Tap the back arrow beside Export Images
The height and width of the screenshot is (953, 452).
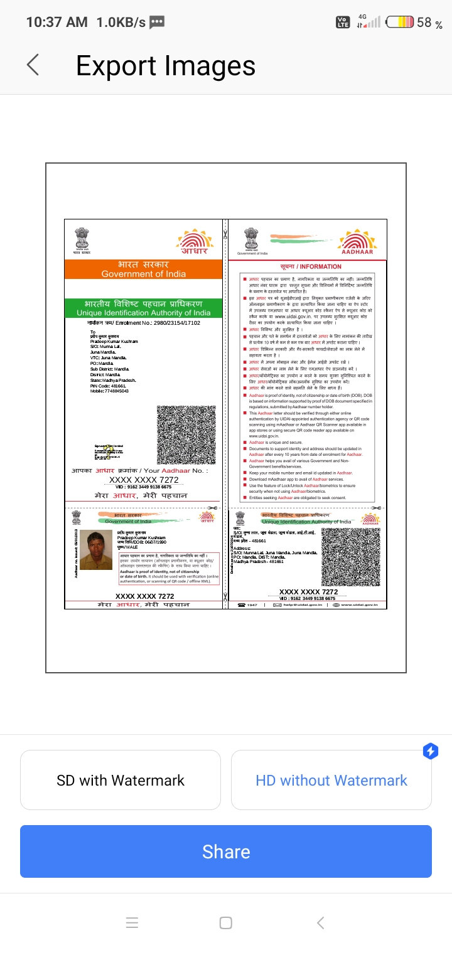click(33, 65)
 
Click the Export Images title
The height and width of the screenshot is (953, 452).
click(166, 66)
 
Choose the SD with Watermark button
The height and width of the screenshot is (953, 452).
click(121, 781)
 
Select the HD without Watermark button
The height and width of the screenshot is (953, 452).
click(331, 781)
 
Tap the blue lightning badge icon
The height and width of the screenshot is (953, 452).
click(430, 750)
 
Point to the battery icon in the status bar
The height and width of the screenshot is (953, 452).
click(400, 23)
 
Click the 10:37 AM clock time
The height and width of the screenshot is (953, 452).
click(56, 23)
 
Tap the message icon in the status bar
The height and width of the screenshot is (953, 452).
click(157, 23)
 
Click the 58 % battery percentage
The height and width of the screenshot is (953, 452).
click(430, 23)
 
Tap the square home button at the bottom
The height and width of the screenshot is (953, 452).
click(226, 923)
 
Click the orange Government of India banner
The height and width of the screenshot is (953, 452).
click(144, 270)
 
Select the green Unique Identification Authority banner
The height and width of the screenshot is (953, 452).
click(144, 308)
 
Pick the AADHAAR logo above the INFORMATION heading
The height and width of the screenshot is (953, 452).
click(358, 243)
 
